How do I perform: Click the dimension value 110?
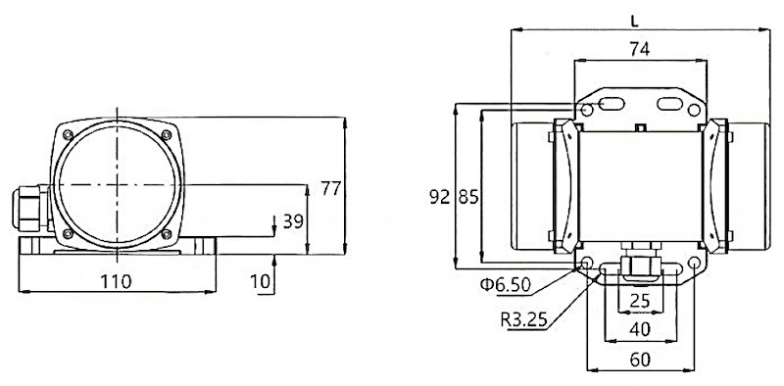[116, 282]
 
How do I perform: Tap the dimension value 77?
[331, 188]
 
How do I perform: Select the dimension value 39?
[293, 221]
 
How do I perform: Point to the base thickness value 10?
[260, 282]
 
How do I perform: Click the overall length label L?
[635, 22]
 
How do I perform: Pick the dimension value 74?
[640, 49]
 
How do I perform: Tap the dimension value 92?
[440, 198]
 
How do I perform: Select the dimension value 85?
[469, 198]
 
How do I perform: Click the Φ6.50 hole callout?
[505, 284]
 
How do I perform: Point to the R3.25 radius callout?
[524, 319]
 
